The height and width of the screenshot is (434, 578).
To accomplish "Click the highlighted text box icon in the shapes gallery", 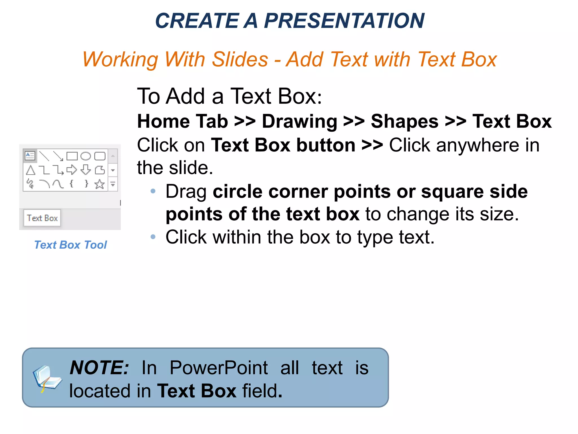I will point(30,156).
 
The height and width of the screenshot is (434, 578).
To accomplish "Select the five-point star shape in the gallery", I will point(100,184).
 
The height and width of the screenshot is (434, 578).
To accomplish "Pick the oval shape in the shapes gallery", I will point(86,156).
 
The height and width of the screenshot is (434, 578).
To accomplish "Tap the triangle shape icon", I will point(30,170).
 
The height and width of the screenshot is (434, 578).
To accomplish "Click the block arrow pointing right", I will point(72,170).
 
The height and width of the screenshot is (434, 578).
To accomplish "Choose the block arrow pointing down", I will point(86,170).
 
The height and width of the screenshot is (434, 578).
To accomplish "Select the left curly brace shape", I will point(72,184).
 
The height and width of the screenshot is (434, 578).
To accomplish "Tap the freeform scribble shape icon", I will point(30,184).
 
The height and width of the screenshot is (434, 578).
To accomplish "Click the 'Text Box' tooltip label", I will point(42,218).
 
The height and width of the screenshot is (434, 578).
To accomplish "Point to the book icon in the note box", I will point(47,378).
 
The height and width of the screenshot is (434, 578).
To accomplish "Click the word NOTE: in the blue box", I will point(99,368).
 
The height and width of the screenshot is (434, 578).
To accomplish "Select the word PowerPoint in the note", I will point(218,368).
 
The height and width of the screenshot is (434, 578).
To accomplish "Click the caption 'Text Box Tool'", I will point(71,245).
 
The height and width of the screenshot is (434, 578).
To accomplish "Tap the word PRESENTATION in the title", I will point(344,21).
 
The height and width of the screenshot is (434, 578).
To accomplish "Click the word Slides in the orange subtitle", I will point(240,59).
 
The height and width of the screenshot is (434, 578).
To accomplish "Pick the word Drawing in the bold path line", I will point(299,121).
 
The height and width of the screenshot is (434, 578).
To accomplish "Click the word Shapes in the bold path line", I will point(404,121).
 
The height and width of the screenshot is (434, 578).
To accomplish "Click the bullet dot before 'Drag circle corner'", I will point(153,191).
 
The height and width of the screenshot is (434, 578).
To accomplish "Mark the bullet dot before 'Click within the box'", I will point(153,236).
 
